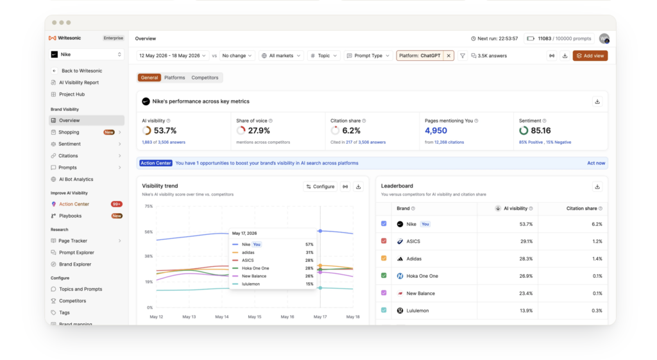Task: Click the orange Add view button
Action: [590, 56]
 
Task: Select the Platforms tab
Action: [175, 78]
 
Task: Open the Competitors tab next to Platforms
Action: [205, 78]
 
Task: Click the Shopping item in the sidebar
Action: [69, 132]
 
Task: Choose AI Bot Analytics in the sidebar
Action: [76, 179]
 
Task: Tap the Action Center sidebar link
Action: [74, 204]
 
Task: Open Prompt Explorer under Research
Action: [76, 252]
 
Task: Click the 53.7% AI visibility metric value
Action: [165, 131]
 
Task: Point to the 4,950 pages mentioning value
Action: [436, 131]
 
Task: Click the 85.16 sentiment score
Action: [540, 131]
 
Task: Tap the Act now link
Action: [596, 163]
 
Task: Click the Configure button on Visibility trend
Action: [321, 187]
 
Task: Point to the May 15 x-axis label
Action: [254, 317]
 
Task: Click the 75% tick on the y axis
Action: [148, 206]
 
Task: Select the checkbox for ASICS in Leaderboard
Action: [384, 241]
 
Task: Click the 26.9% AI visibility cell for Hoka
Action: [526, 276]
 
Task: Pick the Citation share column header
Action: [581, 209]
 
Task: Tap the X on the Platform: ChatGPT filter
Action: [448, 56]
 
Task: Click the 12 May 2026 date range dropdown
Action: [172, 56]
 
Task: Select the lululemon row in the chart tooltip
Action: [273, 284]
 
